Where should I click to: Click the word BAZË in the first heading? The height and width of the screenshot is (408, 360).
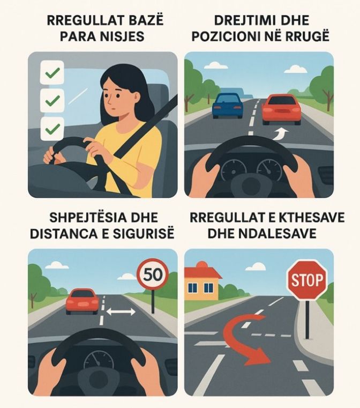(144, 21)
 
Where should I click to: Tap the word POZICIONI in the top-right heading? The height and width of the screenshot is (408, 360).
(234, 37)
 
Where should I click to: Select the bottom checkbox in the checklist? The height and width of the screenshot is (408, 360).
(52, 129)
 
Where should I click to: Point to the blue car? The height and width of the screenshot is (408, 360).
(227, 105)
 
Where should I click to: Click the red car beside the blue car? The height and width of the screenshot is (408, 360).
(281, 109)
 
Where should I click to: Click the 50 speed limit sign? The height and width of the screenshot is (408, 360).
(153, 275)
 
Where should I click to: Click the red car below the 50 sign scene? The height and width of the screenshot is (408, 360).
(82, 301)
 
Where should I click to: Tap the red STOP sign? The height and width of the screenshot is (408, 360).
(307, 280)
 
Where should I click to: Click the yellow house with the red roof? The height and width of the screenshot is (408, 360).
(202, 283)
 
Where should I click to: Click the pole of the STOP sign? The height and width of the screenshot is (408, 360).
(307, 319)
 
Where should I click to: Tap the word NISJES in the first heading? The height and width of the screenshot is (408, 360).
(123, 37)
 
